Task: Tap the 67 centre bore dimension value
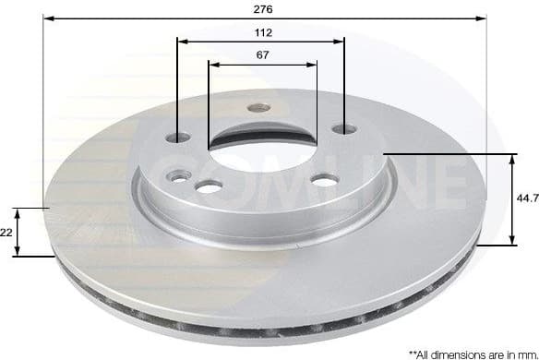coord(262,54)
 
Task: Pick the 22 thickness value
coord(7,233)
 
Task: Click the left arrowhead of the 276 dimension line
coord(48,18)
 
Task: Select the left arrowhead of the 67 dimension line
coord(214,65)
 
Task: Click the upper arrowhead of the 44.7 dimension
coord(512,160)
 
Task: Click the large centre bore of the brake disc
coord(262,138)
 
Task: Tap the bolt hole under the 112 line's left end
coord(178,138)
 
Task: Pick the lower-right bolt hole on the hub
coord(325,180)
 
